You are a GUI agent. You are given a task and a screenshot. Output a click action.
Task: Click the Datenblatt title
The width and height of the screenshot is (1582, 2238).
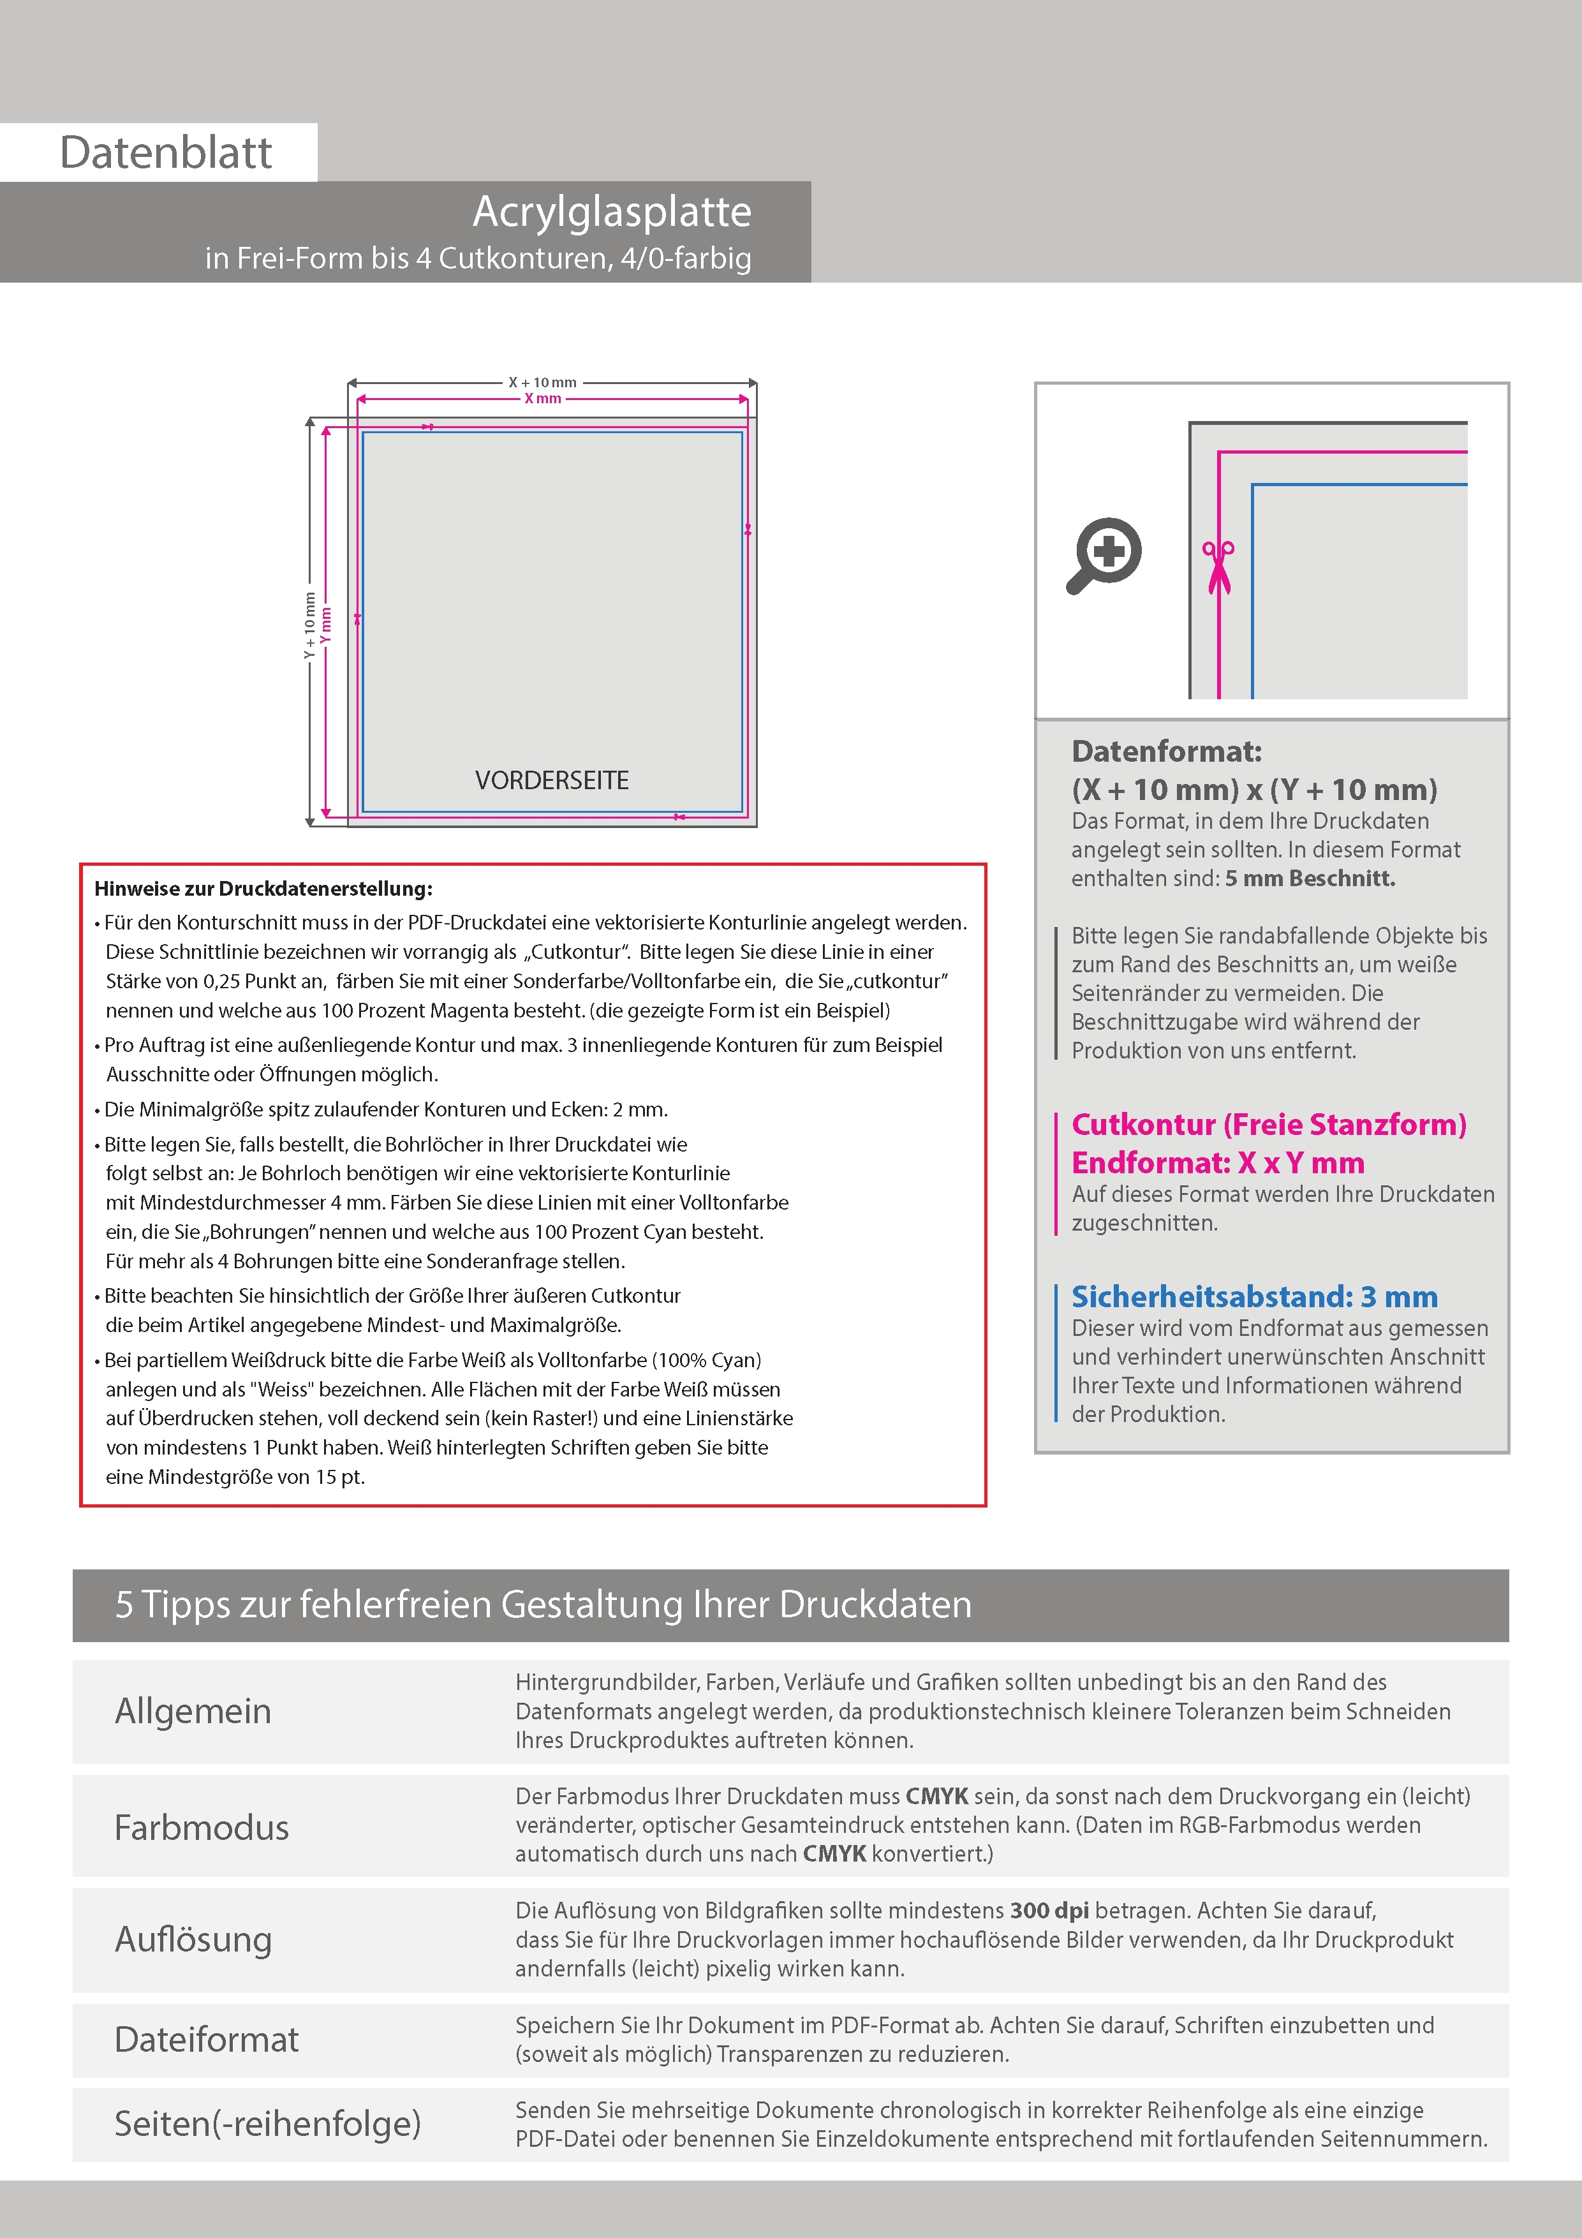coord(166,153)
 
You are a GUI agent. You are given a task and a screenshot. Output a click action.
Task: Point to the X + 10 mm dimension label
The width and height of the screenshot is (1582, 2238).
coord(542,382)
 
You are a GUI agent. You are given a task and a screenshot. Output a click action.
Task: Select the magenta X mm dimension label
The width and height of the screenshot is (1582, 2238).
coord(542,399)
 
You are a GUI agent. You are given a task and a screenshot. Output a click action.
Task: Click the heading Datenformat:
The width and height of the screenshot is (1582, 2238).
coord(1166,752)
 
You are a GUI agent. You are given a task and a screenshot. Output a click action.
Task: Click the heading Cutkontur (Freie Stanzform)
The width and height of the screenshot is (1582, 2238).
coord(1268,1125)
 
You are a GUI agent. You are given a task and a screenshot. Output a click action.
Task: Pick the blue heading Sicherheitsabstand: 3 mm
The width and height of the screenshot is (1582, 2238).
coord(1253,1296)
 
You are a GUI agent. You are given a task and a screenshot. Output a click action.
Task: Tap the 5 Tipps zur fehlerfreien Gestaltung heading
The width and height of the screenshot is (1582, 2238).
coord(543,1604)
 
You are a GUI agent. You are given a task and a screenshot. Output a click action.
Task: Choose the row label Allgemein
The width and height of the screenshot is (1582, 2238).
coord(193,1710)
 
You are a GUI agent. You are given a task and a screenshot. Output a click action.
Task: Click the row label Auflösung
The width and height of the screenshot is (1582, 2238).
coord(193,1939)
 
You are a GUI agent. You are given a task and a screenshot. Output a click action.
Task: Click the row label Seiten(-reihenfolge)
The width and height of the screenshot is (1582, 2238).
coord(267,2123)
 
